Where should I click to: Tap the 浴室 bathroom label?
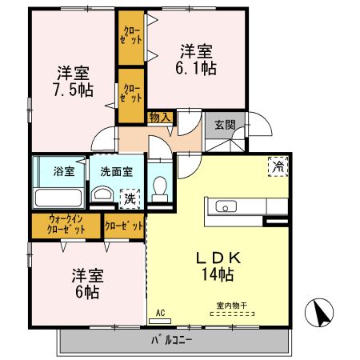point(63,170)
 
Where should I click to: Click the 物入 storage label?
point(160,118)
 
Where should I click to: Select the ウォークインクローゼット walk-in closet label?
point(66,224)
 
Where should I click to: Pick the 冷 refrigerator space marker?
point(278,166)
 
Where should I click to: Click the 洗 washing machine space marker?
point(128,197)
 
